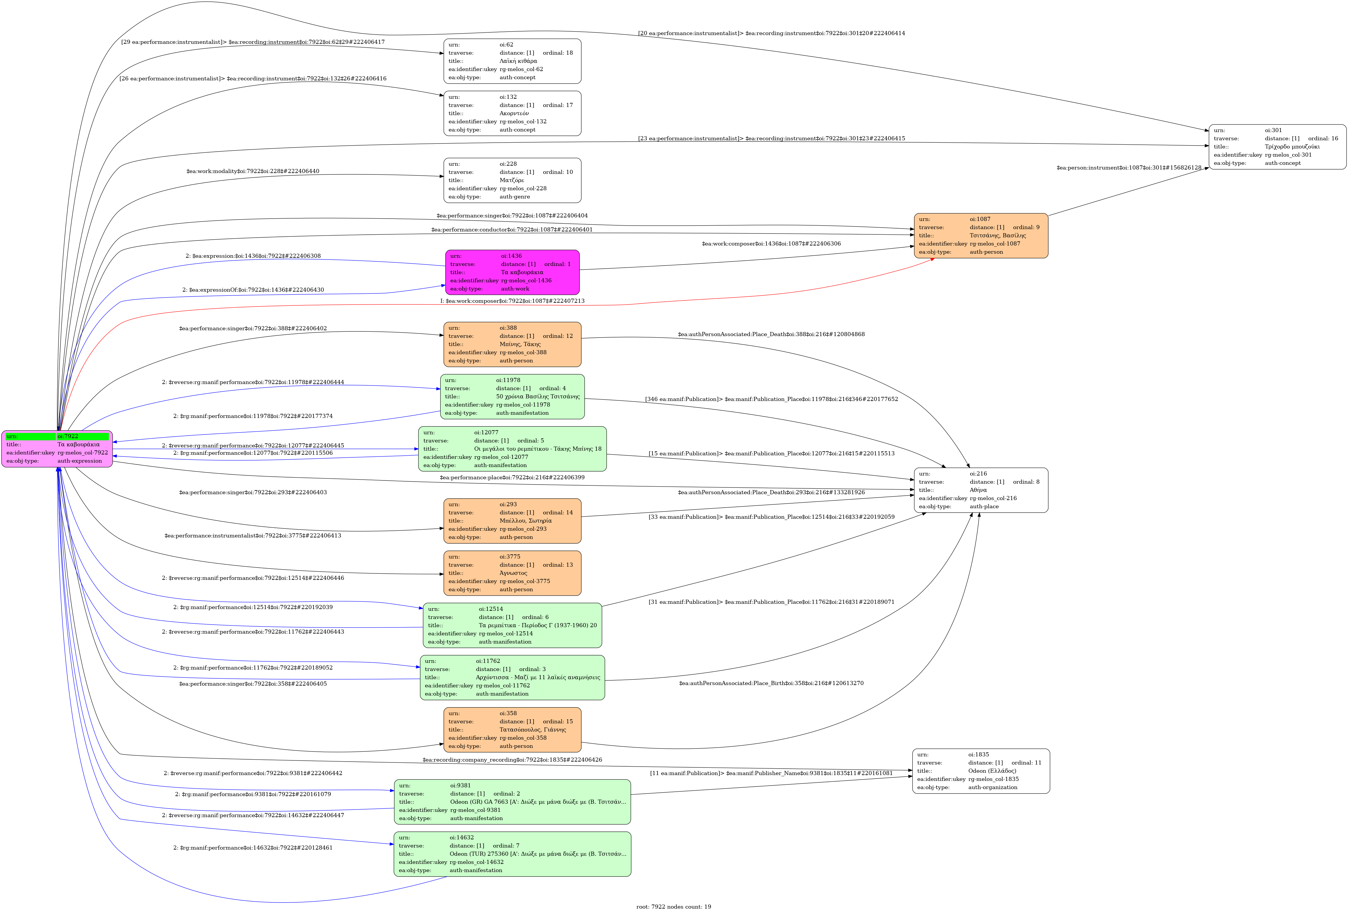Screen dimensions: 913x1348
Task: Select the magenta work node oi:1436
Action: [512, 272]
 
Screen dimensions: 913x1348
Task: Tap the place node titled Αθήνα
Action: [981, 490]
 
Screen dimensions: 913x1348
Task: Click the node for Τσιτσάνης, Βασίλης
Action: [981, 236]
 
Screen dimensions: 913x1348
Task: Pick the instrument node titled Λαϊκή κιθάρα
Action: [512, 61]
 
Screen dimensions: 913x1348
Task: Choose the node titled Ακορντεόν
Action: [512, 113]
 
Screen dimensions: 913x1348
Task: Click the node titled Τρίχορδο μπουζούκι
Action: [1277, 147]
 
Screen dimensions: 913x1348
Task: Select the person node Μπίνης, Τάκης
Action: [512, 344]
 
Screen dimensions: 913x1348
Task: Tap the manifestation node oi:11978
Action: [512, 397]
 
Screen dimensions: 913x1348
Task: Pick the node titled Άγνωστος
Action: [512, 573]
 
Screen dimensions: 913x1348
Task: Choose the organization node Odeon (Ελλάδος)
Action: [981, 771]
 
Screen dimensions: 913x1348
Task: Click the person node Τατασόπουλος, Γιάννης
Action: [512, 730]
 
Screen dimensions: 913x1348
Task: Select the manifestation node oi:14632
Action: [512, 854]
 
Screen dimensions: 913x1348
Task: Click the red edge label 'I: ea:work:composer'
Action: [512, 301]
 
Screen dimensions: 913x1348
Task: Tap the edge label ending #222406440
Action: [253, 171]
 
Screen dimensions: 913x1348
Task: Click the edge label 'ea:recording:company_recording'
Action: [512, 760]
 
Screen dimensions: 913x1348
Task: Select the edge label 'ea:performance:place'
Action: [512, 477]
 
